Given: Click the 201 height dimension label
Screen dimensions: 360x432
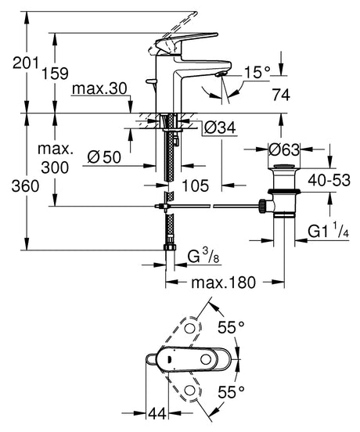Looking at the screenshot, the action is pos(26,63).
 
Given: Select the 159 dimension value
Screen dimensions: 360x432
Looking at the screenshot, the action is pos(55,74).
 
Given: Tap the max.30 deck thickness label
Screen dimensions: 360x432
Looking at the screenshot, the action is pos(99,88).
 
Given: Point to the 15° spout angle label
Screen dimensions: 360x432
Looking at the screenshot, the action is pos(257,73).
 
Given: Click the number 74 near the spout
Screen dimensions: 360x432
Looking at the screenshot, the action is pos(281,95).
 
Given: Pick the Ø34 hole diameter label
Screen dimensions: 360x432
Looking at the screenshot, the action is pos(221,128).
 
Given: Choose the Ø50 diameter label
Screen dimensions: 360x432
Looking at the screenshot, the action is pos(104,157).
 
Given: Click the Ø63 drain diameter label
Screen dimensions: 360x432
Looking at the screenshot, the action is pos(284,150).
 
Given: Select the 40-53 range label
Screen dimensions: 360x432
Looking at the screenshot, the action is pos(329,181).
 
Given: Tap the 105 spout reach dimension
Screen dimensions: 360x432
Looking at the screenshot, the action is pos(196,185).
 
